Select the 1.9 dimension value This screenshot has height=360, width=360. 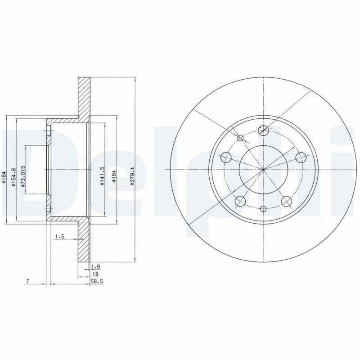tap(95, 266)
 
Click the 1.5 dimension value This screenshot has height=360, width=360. tap(59, 236)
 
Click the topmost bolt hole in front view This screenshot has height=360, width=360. tap(264, 130)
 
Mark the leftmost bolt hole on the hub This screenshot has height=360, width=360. tap(226, 157)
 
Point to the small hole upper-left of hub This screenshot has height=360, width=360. tap(240, 138)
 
